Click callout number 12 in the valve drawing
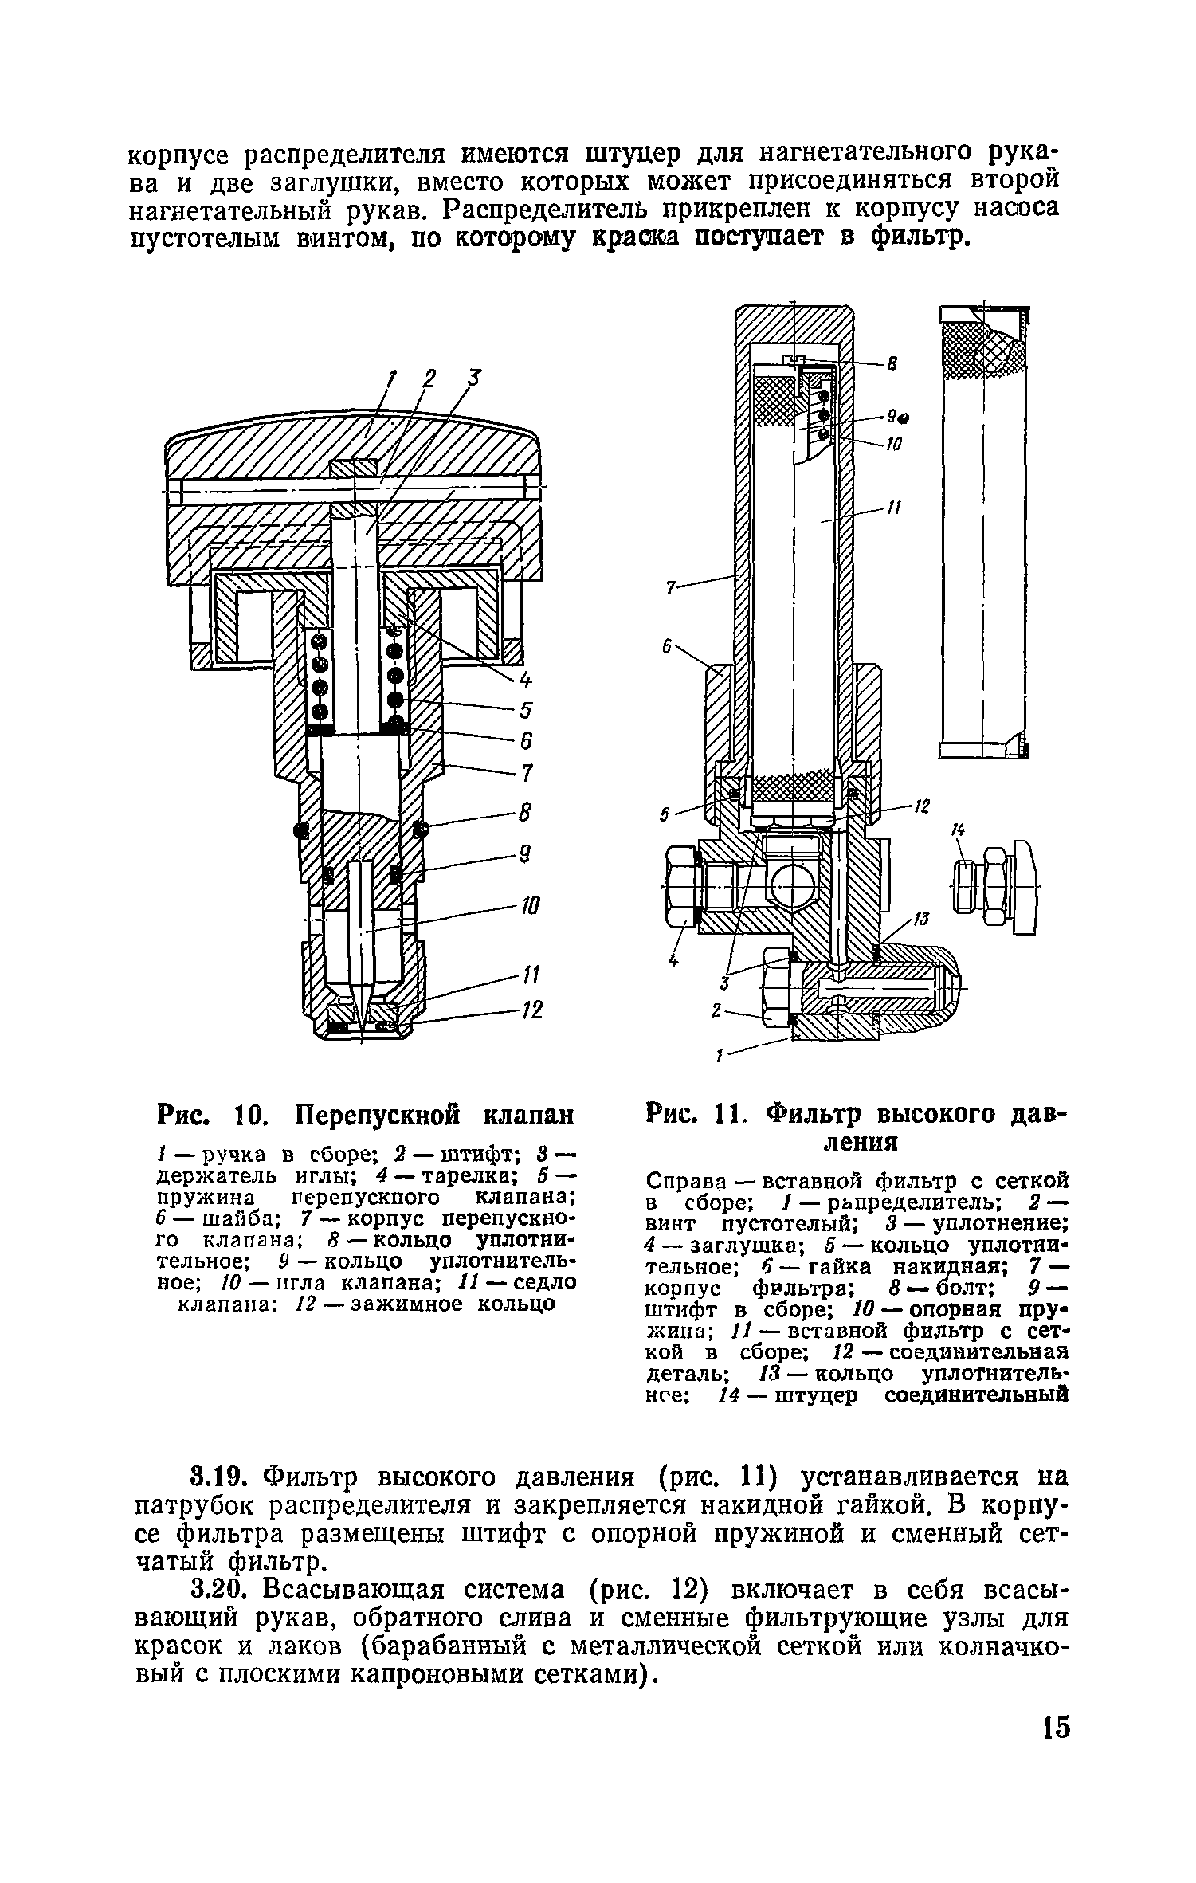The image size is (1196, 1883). click(531, 1011)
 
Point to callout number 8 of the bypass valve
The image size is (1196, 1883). click(524, 814)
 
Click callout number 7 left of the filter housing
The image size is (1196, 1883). click(670, 588)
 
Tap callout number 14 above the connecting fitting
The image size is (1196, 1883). click(958, 831)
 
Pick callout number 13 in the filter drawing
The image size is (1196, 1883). click(920, 920)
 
